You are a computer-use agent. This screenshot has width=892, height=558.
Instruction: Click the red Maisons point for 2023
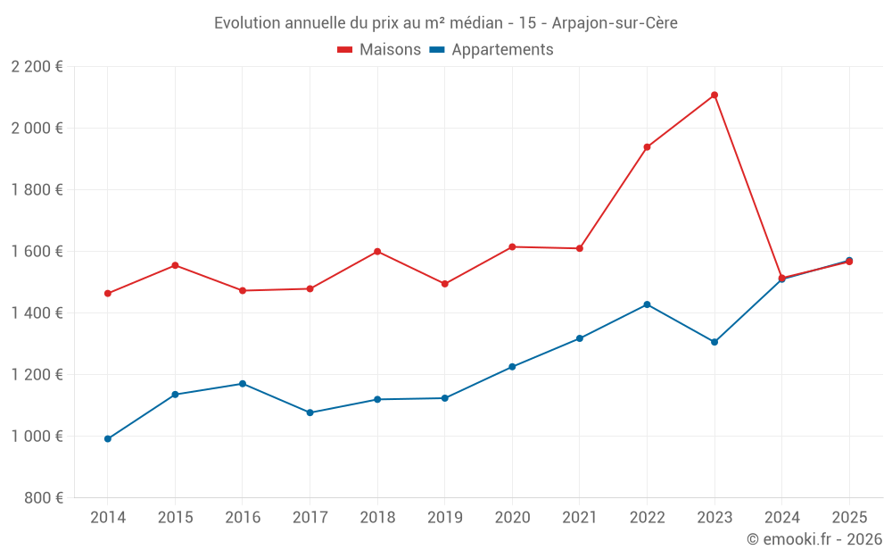[x=714, y=96]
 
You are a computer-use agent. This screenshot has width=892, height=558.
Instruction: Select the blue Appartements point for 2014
[x=108, y=439]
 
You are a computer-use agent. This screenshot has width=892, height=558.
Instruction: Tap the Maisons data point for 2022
[x=647, y=147]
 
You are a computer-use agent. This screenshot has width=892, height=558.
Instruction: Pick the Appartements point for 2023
[x=714, y=342]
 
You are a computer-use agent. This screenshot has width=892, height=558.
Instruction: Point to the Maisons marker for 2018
[x=377, y=252]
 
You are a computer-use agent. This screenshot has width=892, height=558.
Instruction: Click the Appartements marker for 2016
[x=243, y=384]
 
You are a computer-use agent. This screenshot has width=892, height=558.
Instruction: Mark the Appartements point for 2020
[x=512, y=367]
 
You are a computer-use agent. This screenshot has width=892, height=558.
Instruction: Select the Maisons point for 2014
[x=108, y=294]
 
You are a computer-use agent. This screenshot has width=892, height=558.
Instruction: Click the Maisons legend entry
[x=379, y=50]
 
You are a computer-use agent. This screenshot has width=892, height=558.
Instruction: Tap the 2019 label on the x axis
[x=444, y=518]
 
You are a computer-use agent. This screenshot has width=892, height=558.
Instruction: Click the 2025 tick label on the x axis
[x=848, y=518]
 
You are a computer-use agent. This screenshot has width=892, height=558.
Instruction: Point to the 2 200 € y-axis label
[x=37, y=67]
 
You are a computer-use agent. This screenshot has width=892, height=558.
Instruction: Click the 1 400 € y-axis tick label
[x=37, y=313]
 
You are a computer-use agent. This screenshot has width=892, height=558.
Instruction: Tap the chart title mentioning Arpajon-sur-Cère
[x=446, y=23]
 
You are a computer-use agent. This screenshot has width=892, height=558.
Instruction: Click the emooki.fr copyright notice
[x=814, y=539]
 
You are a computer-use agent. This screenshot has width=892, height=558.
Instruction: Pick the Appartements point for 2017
[x=310, y=412]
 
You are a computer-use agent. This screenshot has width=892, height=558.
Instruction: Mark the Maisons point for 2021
[x=580, y=248]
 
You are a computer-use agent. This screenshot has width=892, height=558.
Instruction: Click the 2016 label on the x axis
[x=243, y=518]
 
